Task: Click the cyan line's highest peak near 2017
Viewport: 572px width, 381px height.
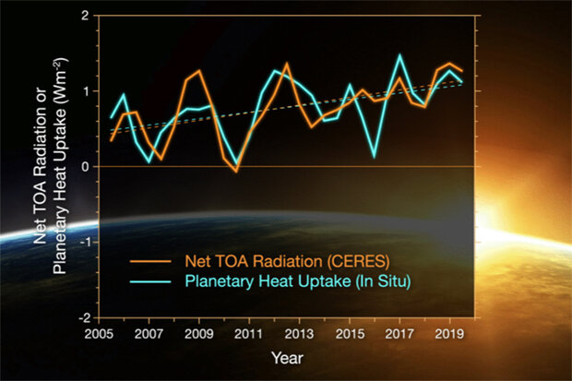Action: point(399,55)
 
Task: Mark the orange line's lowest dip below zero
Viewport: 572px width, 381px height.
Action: point(236,172)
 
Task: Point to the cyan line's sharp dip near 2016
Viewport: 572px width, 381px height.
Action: point(374,156)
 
